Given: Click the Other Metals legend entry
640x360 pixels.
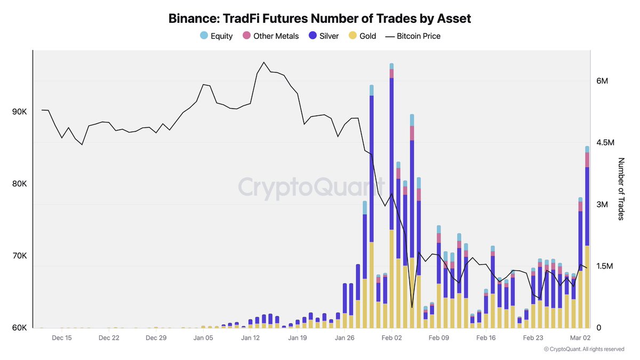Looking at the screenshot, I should coord(271,36).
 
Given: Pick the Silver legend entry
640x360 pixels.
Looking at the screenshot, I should coord(323,36).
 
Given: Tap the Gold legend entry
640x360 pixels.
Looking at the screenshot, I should coord(362,36).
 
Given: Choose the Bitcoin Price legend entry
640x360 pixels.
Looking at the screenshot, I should coord(413,36).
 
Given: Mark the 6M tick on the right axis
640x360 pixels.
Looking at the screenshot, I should coord(603,81).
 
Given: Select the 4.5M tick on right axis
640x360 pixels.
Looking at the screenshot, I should coord(606,143).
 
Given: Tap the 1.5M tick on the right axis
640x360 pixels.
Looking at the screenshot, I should coord(606,266).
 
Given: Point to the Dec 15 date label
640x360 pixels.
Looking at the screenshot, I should coord(62,338).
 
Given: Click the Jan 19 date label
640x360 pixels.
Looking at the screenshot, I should coord(298,338).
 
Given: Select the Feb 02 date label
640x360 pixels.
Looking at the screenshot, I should coord(391,338).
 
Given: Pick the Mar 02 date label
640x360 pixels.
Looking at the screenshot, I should coord(579,338).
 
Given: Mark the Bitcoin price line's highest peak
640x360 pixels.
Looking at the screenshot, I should coord(264,62).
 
